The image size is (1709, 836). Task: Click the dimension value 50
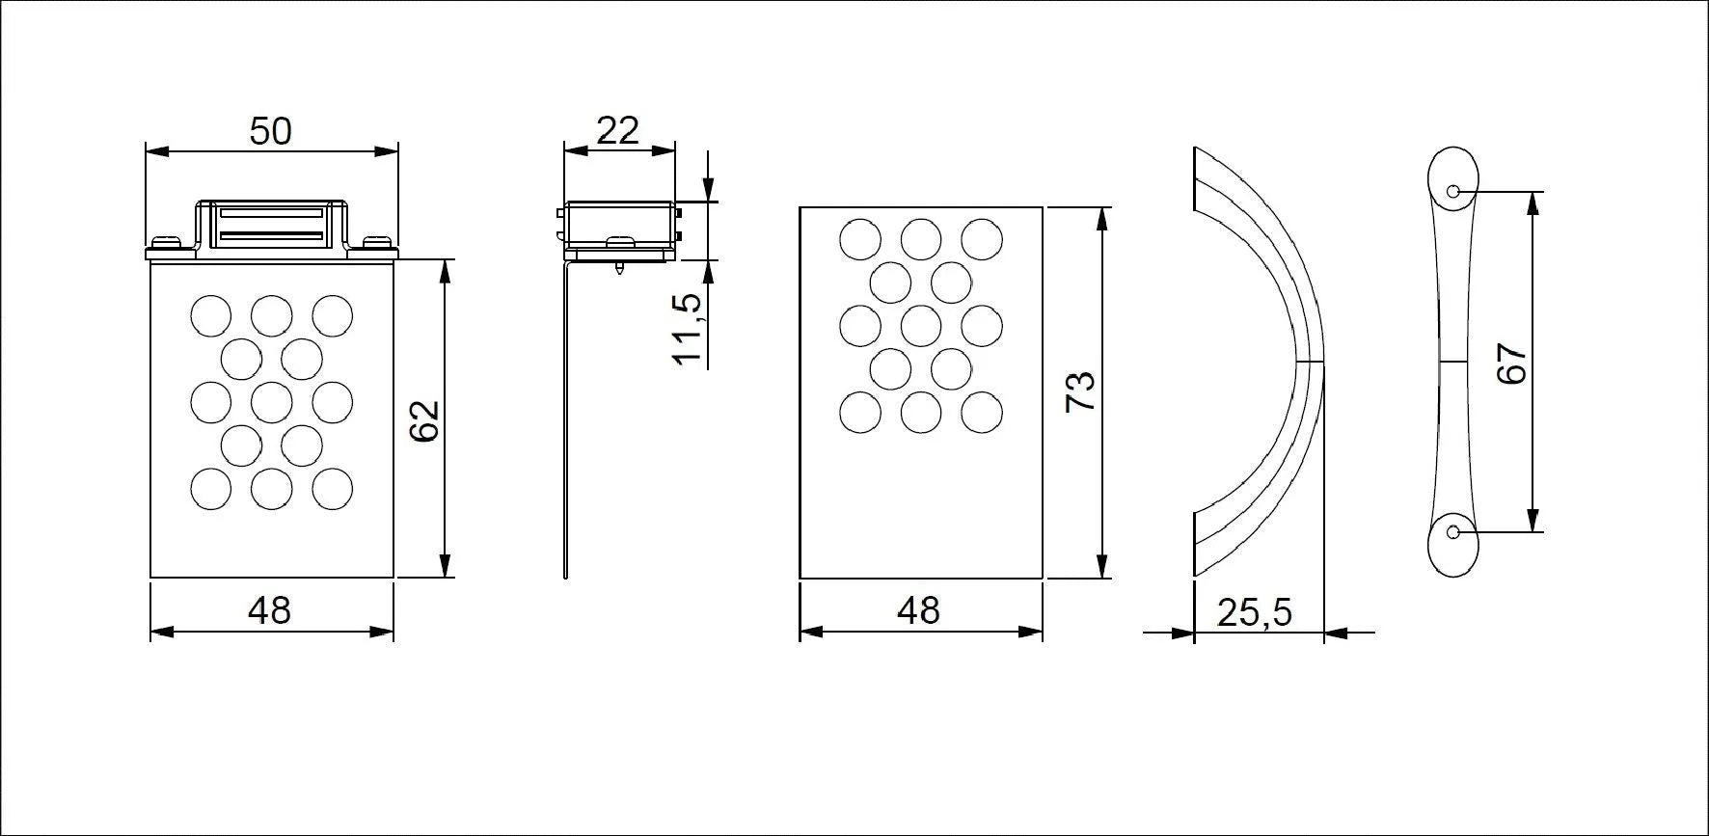point(270,131)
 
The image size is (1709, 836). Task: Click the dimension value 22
point(617,129)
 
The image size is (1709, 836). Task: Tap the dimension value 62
point(424,420)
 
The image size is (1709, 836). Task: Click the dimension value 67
point(1511,364)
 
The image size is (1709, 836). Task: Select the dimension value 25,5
point(1254,611)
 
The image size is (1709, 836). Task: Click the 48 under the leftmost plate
point(269,610)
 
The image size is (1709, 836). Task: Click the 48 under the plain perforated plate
point(918,610)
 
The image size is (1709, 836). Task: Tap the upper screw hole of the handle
point(1453,191)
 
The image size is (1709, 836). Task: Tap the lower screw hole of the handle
point(1453,531)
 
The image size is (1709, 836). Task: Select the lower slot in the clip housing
point(270,234)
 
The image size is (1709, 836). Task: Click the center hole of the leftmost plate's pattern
point(271,402)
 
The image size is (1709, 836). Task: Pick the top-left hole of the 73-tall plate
point(860,239)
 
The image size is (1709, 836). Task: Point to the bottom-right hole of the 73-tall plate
point(981,412)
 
